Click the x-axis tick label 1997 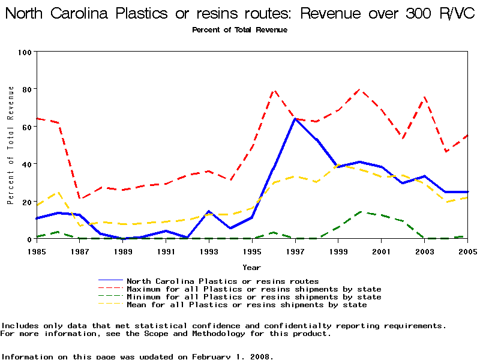[295, 251]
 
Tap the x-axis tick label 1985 [37, 251]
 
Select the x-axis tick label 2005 [467, 251]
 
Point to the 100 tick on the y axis [25, 52]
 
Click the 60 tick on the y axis [26, 127]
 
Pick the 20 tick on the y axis [26, 202]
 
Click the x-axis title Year [252, 267]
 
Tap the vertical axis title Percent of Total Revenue [11, 145]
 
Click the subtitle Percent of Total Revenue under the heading [240, 30]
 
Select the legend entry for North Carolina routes [223, 281]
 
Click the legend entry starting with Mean [247, 305]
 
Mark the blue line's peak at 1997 [295, 119]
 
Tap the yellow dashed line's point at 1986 [58, 192]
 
